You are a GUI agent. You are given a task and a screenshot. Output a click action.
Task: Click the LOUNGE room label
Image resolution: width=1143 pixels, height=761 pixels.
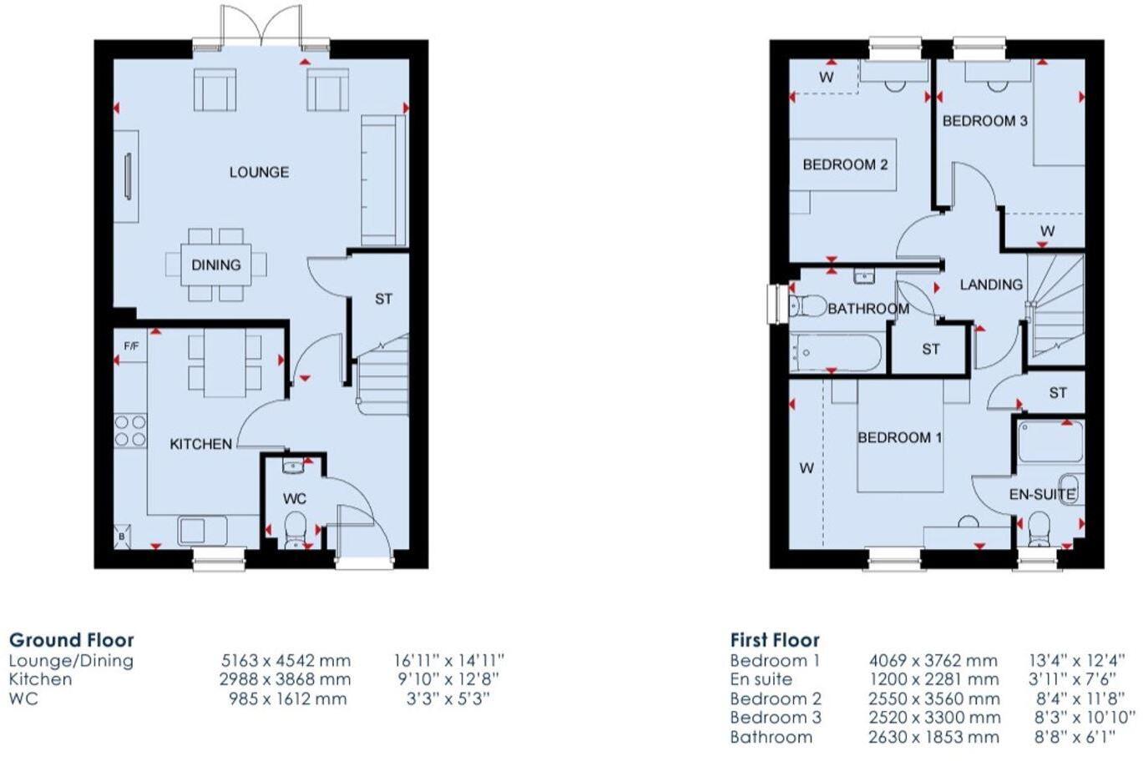tap(259, 172)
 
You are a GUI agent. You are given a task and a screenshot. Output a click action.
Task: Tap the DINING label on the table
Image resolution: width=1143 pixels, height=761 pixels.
tap(215, 265)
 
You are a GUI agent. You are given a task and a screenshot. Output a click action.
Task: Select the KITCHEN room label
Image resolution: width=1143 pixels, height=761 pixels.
tap(200, 444)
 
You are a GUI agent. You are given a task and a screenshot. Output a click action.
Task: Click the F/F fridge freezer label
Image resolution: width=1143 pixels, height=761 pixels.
tap(131, 346)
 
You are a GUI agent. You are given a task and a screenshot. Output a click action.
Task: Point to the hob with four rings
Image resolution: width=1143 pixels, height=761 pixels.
tap(130, 431)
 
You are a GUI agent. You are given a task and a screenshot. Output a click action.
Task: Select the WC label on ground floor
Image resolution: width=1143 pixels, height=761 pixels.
tap(294, 498)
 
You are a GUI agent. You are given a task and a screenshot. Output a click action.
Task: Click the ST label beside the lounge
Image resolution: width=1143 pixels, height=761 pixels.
tap(383, 299)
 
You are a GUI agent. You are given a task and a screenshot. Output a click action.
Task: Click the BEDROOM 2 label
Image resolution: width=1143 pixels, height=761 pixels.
tap(845, 164)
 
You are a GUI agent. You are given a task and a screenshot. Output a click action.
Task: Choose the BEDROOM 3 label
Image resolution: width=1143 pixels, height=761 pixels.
tap(984, 121)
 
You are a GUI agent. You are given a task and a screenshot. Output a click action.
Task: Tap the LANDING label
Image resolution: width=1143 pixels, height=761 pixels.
tap(990, 285)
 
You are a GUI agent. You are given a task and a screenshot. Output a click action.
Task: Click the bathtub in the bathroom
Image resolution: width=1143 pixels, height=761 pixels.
tap(835, 353)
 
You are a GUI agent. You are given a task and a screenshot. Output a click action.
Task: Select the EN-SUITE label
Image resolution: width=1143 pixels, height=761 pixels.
tap(1041, 494)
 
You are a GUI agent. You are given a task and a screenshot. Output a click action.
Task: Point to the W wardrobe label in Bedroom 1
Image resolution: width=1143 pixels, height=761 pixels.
tap(806, 468)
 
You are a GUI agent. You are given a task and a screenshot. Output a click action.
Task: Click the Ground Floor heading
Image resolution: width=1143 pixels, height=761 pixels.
tap(71, 640)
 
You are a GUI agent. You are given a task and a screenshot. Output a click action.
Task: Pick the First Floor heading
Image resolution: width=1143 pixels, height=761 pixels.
tap(774, 640)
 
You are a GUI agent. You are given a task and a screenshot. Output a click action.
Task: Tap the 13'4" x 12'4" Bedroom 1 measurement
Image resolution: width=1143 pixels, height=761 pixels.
tap(1076, 660)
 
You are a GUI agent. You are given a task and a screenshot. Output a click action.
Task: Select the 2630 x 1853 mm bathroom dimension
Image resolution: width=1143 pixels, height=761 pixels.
tap(933, 737)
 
